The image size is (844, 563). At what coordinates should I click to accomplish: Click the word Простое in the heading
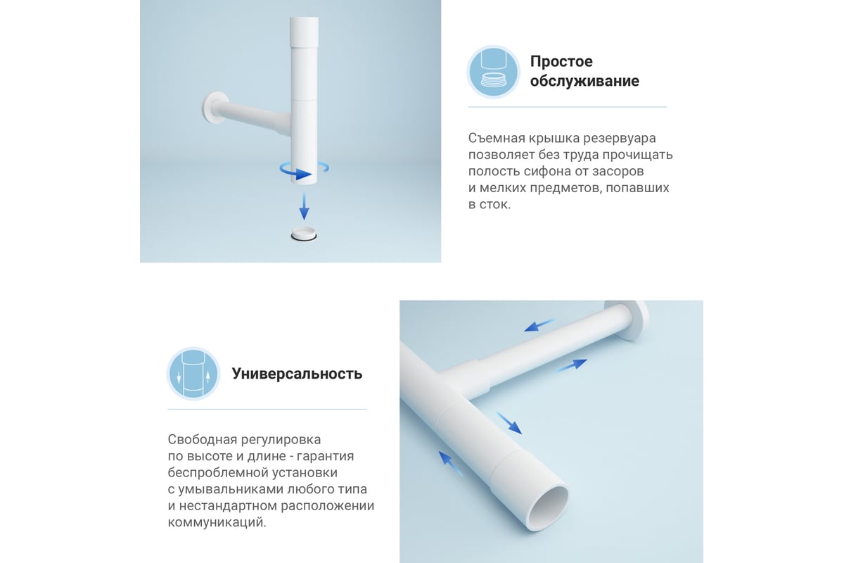pos(561,61)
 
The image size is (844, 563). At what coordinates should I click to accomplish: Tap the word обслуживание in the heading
pos(584,81)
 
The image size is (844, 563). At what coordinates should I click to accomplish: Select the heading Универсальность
pos(297,374)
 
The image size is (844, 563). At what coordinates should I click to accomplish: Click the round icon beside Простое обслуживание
pos(494,72)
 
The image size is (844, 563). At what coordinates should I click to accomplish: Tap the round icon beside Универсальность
pos(193,374)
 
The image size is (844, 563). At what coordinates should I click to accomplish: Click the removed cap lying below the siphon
pos(304,234)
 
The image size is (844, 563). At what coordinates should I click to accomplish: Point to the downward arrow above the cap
pos(304,207)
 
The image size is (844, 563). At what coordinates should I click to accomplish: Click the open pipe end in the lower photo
pos(548,507)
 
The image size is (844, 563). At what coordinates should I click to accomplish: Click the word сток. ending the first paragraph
pos(495,205)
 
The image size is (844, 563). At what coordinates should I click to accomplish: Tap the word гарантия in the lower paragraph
pos(325,457)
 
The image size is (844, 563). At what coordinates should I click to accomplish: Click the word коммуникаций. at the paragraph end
pos(217,523)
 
